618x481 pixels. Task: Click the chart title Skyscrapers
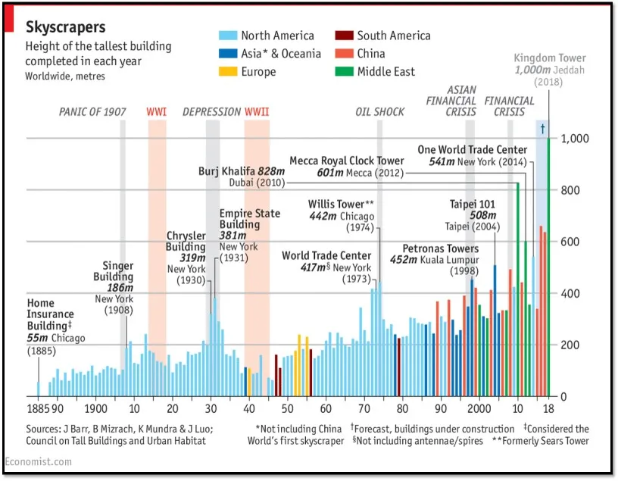(65, 27)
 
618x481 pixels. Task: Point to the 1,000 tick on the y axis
(573, 139)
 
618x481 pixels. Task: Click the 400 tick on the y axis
(569, 294)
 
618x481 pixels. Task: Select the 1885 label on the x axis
(38, 409)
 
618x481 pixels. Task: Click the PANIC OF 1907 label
(92, 112)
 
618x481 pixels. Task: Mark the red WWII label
(256, 112)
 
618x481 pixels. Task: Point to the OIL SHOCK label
(379, 112)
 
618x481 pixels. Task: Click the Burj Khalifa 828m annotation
(241, 171)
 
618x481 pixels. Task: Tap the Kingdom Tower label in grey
(549, 58)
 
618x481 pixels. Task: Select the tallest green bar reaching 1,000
(549, 265)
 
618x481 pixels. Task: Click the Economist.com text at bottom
(39, 461)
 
